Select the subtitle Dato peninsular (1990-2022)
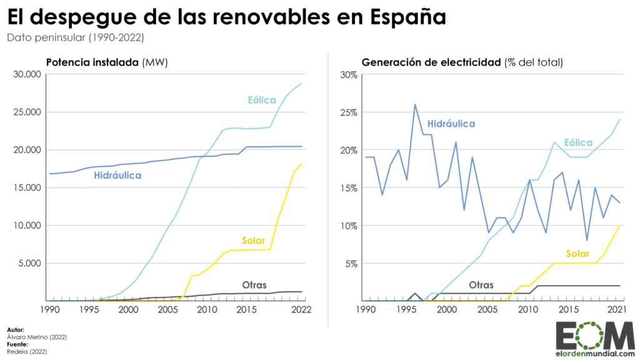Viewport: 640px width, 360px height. pyautogui.click(x=76, y=37)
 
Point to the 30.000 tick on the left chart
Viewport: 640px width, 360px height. pyautogui.click(x=27, y=74)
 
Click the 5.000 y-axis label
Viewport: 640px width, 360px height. pyautogui.click(x=29, y=263)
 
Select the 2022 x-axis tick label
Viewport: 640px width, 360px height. pyautogui.click(x=302, y=309)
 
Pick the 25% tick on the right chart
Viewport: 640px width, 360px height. pyautogui.click(x=349, y=112)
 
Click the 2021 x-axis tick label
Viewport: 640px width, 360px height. pyautogui.click(x=619, y=309)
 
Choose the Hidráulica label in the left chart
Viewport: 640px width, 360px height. pyautogui.click(x=117, y=176)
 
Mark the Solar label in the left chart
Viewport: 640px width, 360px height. pyautogui.click(x=253, y=241)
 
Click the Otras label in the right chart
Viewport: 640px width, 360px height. pyautogui.click(x=481, y=284)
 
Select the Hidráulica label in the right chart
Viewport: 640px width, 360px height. pyautogui.click(x=452, y=124)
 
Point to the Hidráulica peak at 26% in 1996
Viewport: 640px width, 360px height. pyautogui.click(x=415, y=104)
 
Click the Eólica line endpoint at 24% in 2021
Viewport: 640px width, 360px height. pyautogui.click(x=619, y=119)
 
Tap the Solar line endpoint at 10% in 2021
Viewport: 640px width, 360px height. pyautogui.click(x=619, y=225)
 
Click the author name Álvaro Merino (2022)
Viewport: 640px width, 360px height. pyautogui.click(x=37, y=337)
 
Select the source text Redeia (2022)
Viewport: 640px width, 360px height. pyautogui.click(x=28, y=352)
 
